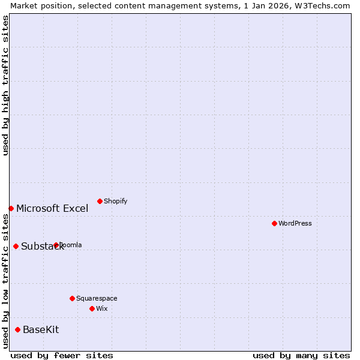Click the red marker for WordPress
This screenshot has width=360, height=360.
pos(274,223)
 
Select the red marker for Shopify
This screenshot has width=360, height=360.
pos(100,201)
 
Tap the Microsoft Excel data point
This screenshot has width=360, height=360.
pos(11,208)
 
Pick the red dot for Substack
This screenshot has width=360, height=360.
pos(16,246)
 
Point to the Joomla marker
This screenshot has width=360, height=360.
pos(56,245)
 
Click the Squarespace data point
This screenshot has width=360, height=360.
pos(72,298)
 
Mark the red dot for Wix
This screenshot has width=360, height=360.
pos(92,308)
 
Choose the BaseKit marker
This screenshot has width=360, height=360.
pos(17,329)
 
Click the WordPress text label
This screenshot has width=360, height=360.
pos(295,223)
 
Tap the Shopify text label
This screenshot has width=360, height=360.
pos(116,201)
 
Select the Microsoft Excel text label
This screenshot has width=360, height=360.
pos(52,208)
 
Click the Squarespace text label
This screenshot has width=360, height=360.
pos(97,298)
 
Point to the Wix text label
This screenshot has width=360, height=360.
pos(102,308)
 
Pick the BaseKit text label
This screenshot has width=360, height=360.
pos(41,329)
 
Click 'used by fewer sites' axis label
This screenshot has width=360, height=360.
pos(62,355)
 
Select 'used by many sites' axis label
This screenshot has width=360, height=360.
pos(301,355)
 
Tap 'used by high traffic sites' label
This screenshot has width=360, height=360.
pos(5,85)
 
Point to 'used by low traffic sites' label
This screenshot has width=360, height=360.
pos(5,281)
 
